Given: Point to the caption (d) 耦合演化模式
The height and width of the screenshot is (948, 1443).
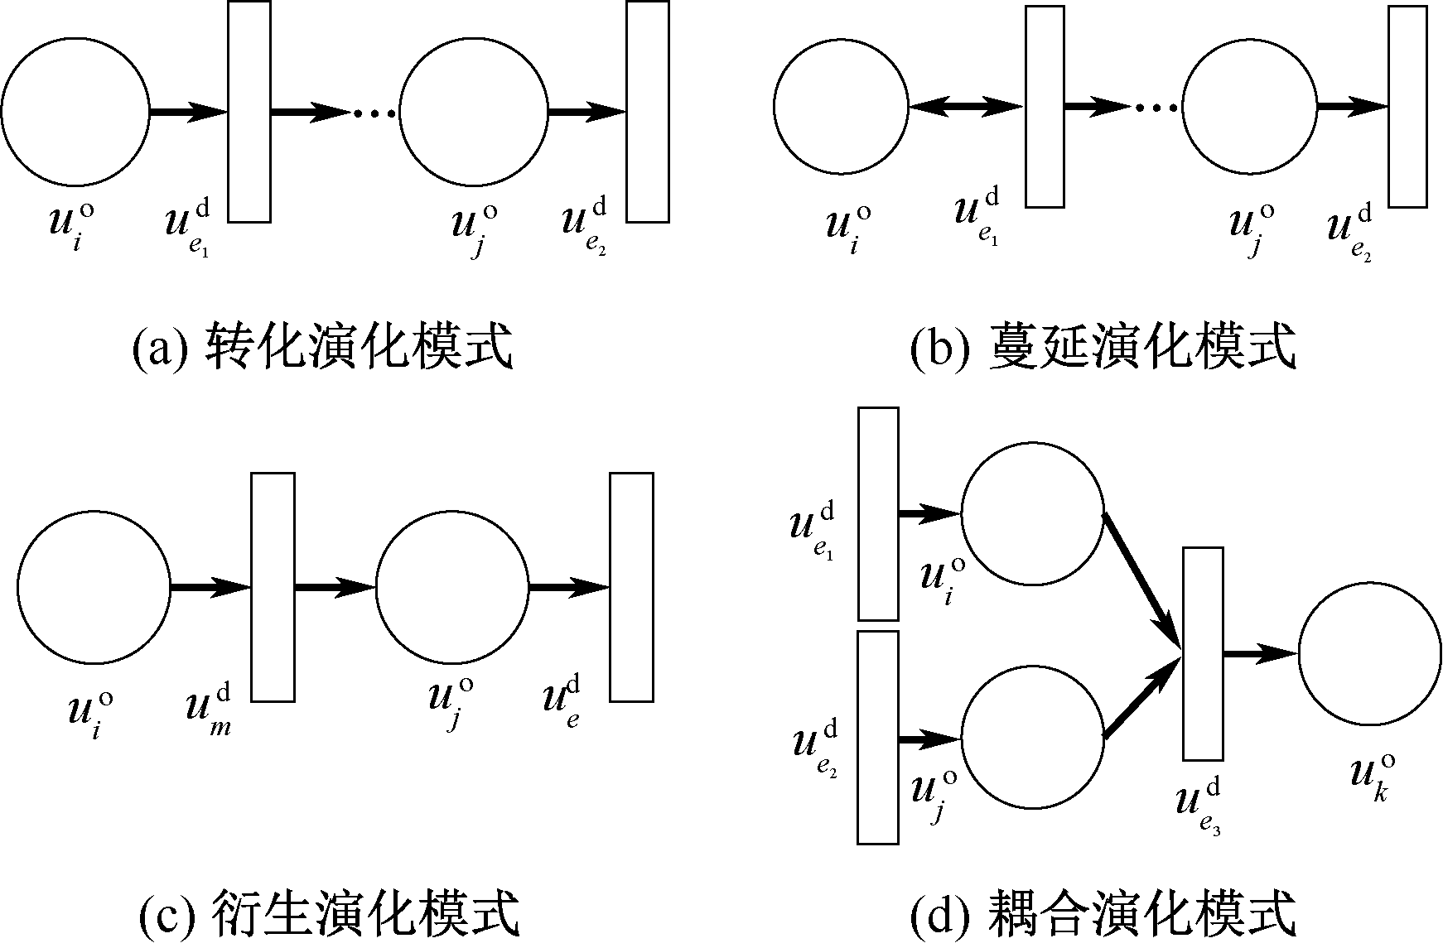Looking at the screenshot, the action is click(1102, 915).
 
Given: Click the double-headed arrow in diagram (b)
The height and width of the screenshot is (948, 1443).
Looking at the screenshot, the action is click(967, 106).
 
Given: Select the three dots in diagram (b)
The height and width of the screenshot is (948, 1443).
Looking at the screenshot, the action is click(1156, 107).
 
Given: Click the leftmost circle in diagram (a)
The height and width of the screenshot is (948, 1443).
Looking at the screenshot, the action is click(75, 111).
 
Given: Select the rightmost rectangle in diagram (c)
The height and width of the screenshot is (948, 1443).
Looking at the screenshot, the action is click(632, 587).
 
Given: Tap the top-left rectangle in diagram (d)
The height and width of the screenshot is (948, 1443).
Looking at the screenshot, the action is click(878, 513).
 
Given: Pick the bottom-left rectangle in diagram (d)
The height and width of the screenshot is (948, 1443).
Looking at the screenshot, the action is click(878, 737).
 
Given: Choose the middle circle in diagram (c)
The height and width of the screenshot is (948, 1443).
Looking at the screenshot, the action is click(452, 587).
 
